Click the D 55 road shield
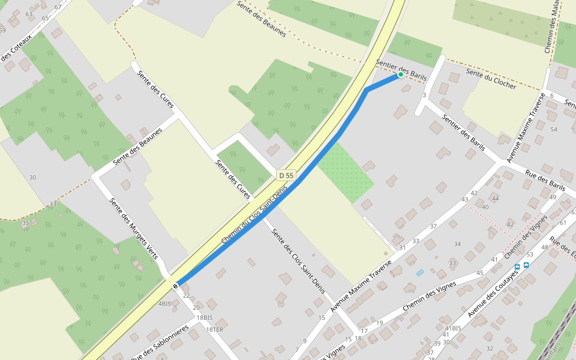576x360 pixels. click(286, 175)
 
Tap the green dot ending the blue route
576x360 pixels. click(400, 75)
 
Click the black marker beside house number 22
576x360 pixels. click(175, 286)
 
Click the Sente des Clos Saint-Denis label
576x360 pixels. click(298, 262)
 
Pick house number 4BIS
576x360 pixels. click(164, 304)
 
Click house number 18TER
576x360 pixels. click(214, 329)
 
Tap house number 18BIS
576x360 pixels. click(205, 317)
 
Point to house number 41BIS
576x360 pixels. click(452, 328)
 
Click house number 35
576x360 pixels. click(25, 223)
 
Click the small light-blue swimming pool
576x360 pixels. click(420, 272)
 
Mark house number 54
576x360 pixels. click(554, 130)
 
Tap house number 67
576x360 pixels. click(58, 7)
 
